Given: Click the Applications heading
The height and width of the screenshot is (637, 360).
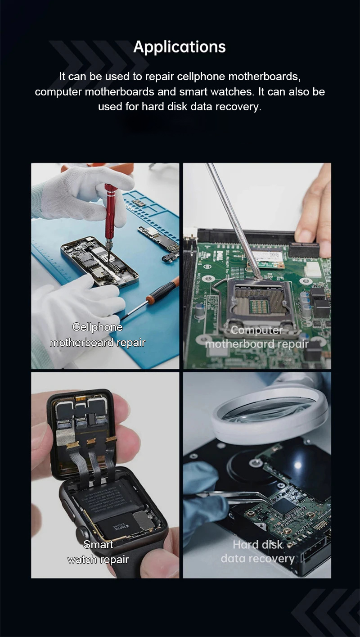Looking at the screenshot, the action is [x=180, y=47].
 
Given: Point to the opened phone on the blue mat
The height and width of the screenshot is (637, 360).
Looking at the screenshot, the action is [x=99, y=262].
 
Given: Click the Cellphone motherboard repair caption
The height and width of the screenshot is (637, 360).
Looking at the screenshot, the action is [x=97, y=335].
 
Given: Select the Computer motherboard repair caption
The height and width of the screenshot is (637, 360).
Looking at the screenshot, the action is [x=257, y=337].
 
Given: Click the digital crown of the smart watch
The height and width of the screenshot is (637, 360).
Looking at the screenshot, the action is [x=81, y=533].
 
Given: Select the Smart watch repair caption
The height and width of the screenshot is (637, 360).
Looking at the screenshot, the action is [x=98, y=552].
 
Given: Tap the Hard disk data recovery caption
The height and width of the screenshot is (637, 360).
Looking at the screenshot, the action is [x=258, y=551].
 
